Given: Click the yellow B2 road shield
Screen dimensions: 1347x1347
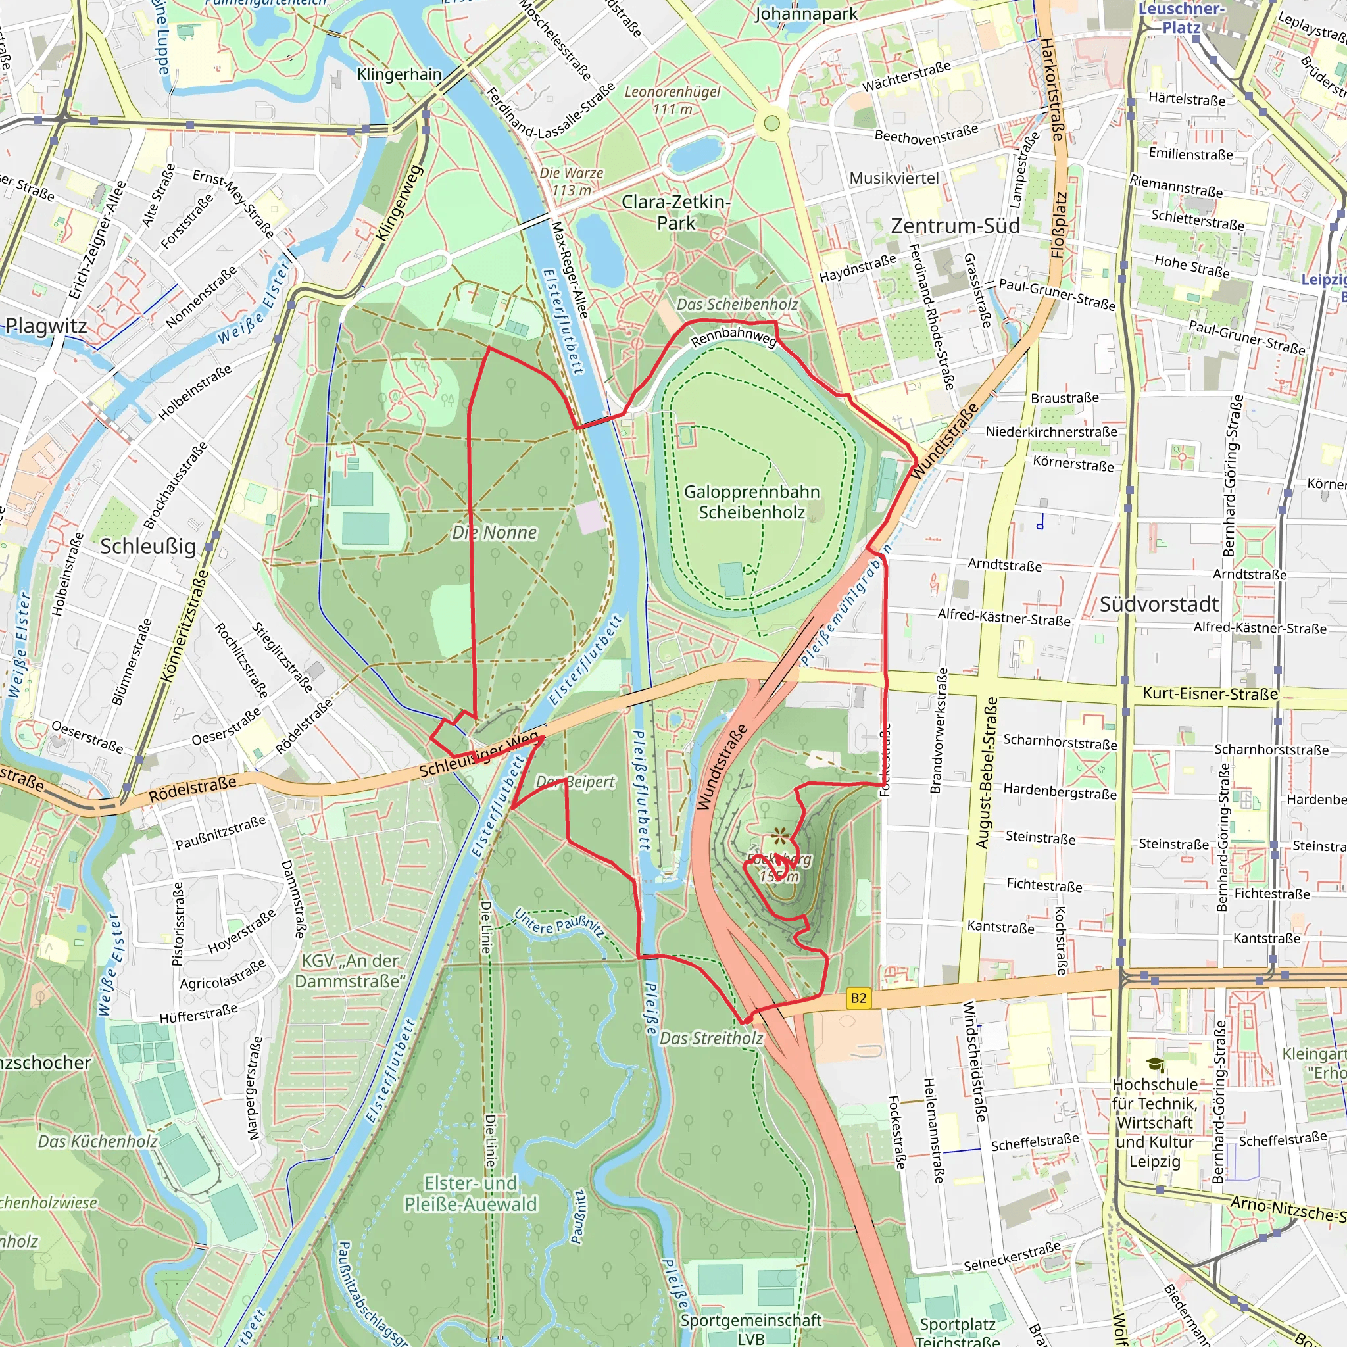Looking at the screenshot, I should (858, 998).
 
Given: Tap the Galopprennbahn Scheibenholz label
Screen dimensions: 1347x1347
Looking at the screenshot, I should (752, 502).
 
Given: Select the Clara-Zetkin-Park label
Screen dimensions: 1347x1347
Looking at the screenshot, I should (675, 212).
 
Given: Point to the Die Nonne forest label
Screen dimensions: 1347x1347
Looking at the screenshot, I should (495, 533).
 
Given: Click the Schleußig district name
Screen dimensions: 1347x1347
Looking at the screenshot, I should (148, 546).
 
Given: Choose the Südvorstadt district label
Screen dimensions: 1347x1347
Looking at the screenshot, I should (1159, 604).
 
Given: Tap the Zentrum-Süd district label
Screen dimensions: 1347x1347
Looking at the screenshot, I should (955, 226).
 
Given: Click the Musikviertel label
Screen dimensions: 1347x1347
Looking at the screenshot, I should (894, 178).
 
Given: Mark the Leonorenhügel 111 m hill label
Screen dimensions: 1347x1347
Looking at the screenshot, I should (672, 101).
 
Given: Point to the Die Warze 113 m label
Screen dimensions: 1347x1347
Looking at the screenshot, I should (571, 182).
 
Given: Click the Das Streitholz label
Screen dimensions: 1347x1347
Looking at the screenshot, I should (711, 1038).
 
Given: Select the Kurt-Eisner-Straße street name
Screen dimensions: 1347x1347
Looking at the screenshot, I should (1210, 694).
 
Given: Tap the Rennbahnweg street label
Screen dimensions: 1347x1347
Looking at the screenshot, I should (733, 337).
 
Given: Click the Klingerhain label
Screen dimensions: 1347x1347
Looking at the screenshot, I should (399, 74).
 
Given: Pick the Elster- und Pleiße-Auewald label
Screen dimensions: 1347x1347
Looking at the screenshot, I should (471, 1194).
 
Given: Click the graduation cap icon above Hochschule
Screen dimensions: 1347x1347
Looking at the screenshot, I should (1155, 1065).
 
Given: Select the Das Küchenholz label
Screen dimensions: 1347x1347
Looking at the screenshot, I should (97, 1141).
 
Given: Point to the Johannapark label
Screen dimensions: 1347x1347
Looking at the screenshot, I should (806, 14).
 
